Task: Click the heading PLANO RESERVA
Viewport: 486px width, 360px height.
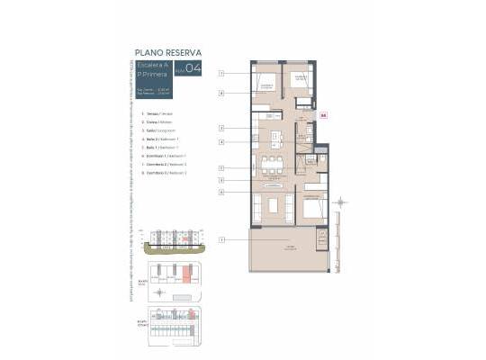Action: coord(167,52)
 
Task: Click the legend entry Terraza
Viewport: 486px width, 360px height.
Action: coord(159,114)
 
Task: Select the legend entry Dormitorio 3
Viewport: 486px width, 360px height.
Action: coord(167,173)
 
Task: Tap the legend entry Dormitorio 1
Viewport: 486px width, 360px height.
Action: coord(167,157)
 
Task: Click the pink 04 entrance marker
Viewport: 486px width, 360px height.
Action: coord(323,114)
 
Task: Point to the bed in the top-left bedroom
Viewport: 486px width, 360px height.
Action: coord(266,85)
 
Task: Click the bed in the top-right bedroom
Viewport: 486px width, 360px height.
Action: coord(300,84)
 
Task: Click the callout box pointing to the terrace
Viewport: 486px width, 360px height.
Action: coord(220,239)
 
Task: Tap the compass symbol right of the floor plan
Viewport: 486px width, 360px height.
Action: coord(341,202)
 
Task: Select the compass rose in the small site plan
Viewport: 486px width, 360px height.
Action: coord(160,292)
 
